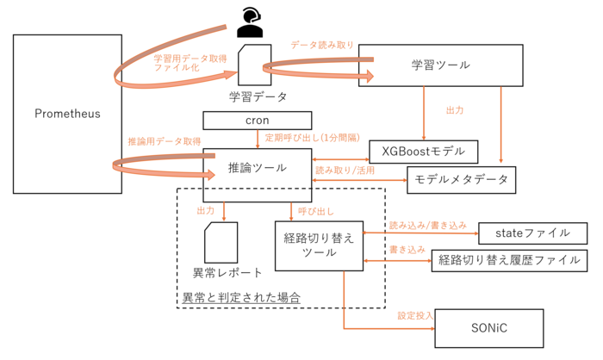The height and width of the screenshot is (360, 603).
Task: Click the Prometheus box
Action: tap(67, 114)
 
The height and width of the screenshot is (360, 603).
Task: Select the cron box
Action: tap(258, 121)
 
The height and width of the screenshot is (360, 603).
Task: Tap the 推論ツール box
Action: tap(258, 175)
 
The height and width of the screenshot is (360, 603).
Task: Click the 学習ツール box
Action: tap(441, 65)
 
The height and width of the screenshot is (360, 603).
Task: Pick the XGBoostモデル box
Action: tap(424, 152)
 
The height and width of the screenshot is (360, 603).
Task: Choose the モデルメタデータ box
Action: tap(461, 180)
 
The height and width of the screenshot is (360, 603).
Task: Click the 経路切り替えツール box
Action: tap(320, 245)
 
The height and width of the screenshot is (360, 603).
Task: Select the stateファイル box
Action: tap(532, 233)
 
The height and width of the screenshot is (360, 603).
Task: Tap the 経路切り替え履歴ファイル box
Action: tap(509, 261)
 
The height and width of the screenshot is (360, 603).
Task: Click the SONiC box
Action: tap(489, 328)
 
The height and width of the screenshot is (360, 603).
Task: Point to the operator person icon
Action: tap(250, 22)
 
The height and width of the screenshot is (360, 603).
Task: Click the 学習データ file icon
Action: tap(255, 65)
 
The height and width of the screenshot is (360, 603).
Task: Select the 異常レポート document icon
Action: tap(221, 242)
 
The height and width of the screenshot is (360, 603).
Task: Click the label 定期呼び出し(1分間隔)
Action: tap(312, 138)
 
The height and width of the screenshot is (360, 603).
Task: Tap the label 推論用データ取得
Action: tap(165, 141)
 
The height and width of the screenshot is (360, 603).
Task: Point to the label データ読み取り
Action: tap(322, 45)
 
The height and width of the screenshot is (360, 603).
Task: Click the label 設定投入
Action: tap(415, 316)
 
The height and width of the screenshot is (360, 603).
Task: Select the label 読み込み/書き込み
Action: tap(427, 226)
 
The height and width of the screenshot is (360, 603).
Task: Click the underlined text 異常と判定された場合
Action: tap(241, 297)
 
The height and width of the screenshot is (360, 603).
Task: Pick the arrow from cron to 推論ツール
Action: tap(258, 140)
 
